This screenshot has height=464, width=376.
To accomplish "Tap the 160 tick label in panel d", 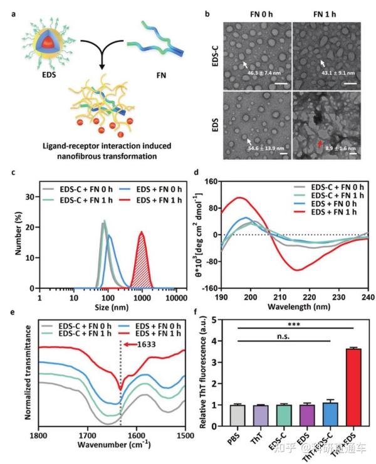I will [210, 181].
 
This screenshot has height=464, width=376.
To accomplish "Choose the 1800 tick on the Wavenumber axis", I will [39, 435].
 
